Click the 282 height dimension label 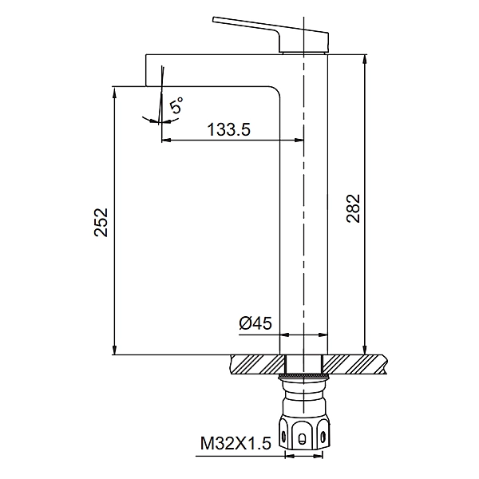(354, 208)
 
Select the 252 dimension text (101, 222)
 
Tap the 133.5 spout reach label (229, 129)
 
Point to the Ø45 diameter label (255, 323)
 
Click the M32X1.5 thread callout (236, 443)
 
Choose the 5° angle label (176, 105)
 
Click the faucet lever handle (271, 34)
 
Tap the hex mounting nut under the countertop (304, 432)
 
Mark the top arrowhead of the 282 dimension (365, 60)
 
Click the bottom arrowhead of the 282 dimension (365, 350)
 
